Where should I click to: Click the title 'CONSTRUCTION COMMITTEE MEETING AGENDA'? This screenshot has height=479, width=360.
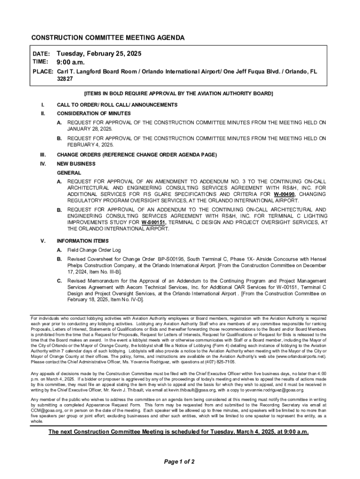(108, 37)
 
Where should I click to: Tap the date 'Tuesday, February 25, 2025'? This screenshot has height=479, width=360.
(99, 54)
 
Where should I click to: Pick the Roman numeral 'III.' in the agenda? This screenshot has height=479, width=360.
(44, 155)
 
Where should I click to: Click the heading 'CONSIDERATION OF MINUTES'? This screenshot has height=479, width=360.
(94, 114)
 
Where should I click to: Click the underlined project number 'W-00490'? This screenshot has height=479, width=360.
(284, 194)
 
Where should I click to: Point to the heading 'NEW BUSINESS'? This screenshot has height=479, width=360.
(76, 164)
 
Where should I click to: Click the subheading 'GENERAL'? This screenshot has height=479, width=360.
(69, 173)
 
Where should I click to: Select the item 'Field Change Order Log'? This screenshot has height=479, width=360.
(94, 250)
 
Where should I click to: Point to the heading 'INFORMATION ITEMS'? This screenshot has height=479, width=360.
(82, 241)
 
